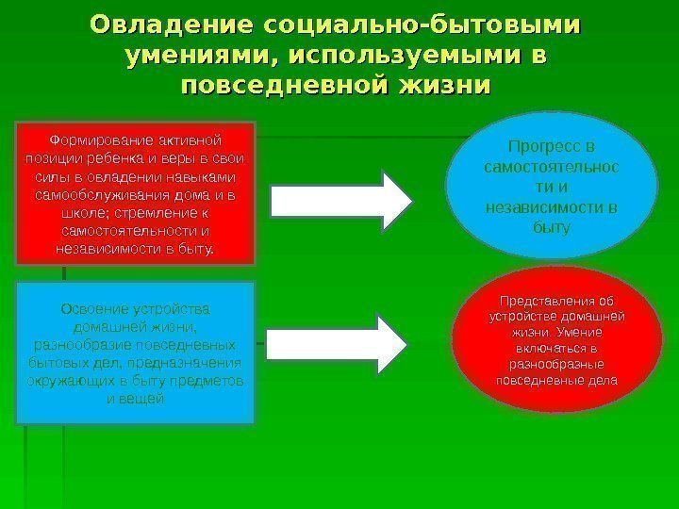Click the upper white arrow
[341, 197]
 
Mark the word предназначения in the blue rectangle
[188, 362]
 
